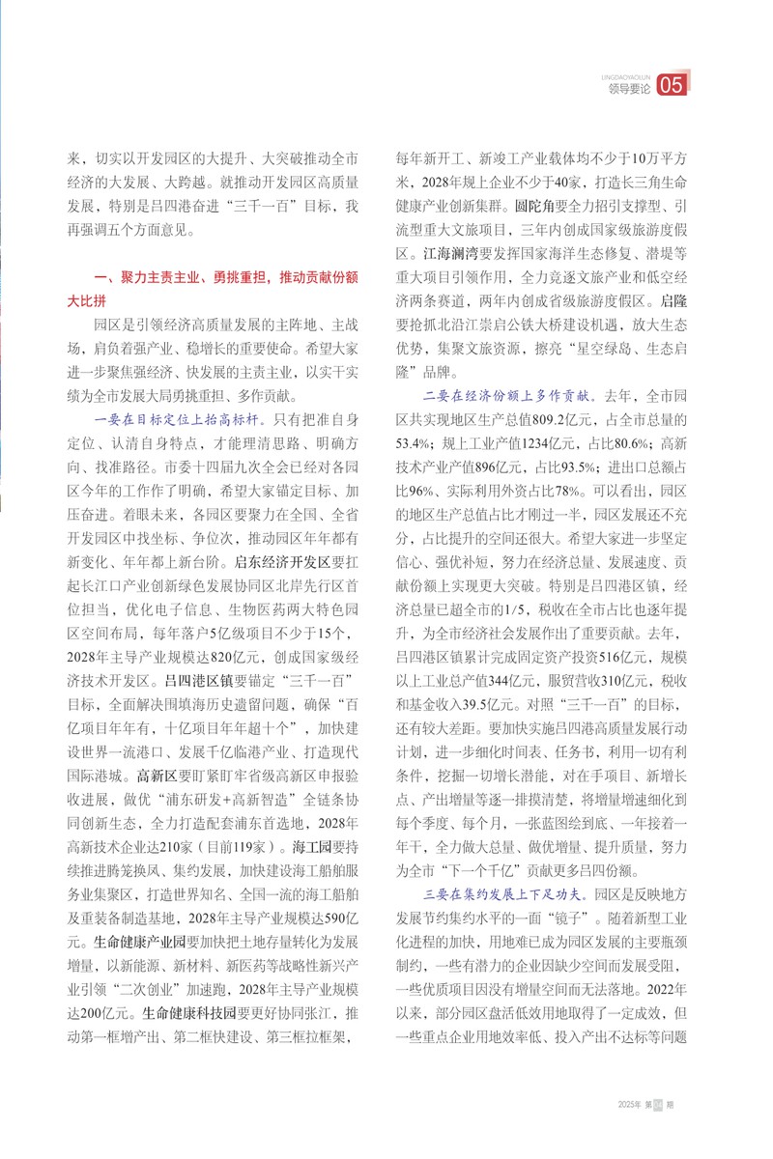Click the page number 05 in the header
[x=672, y=86]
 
